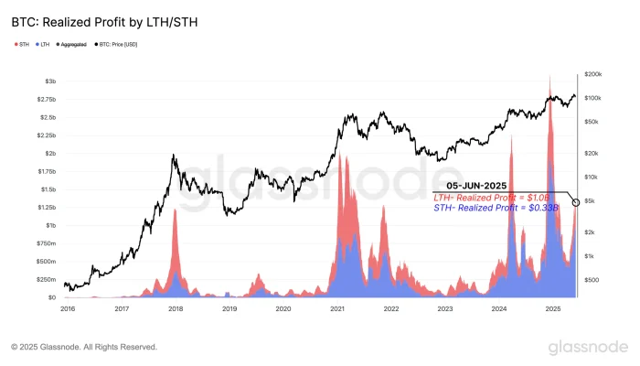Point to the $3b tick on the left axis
pos(49,81)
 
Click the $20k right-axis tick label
pos(590,153)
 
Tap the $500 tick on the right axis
pos(590,279)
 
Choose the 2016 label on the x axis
pos(68,309)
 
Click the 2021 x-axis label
pos(337,309)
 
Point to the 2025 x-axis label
pos(553,309)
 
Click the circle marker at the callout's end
pos(574,201)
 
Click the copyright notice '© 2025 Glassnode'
pos(84,348)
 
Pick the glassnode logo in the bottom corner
pos(588,347)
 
